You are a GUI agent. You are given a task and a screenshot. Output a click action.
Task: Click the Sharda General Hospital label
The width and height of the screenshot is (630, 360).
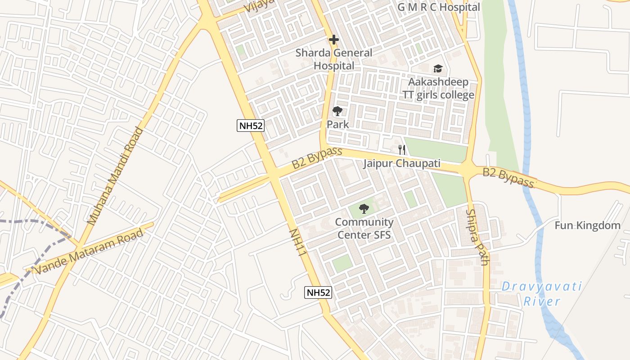[334, 59]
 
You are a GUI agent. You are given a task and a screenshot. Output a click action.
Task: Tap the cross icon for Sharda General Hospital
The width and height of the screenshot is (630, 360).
[333, 40]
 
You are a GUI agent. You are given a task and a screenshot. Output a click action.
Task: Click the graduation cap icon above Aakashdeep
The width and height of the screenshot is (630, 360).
[438, 69]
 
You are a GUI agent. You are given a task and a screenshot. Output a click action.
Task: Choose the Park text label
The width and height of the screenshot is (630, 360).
[337, 124]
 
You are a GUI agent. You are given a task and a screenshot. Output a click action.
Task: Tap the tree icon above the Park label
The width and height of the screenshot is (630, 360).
[337, 111]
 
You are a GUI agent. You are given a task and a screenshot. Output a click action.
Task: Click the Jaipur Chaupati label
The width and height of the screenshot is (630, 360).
[401, 163]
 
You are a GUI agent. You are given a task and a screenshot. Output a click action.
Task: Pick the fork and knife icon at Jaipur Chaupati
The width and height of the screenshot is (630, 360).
[402, 150]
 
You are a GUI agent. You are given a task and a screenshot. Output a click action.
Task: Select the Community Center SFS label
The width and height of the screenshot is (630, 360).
[364, 228]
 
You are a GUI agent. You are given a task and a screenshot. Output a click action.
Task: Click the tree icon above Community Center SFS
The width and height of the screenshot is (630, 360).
[364, 209]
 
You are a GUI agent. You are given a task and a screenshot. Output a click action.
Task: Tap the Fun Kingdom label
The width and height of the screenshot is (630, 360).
[587, 225]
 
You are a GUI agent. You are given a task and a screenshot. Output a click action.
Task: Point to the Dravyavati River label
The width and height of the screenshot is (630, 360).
[542, 293]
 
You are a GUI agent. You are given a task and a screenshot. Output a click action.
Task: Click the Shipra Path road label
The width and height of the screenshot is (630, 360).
[477, 237]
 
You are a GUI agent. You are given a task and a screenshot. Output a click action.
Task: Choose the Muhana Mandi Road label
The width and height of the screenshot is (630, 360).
[115, 176]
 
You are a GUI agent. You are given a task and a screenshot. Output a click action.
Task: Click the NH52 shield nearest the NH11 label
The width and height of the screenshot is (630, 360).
[318, 292]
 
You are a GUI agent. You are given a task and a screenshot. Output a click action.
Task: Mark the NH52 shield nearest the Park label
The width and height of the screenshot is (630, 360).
[250, 126]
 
